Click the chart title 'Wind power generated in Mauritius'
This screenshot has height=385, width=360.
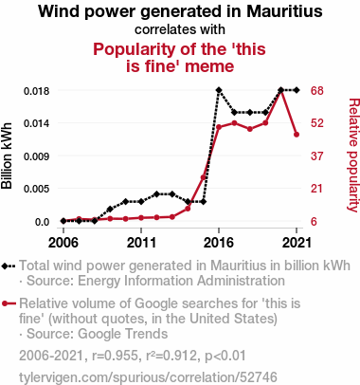point(180,11)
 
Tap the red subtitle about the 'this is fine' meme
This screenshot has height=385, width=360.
point(180,58)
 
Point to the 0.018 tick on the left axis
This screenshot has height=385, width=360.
point(37,91)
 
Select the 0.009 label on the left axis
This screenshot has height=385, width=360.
point(37,156)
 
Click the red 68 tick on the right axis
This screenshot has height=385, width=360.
point(317,91)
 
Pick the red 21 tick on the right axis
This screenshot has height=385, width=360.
point(317,189)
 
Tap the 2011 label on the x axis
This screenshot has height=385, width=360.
point(141,243)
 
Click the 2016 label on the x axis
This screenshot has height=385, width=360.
point(219,243)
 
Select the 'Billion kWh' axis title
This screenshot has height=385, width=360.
point(7,156)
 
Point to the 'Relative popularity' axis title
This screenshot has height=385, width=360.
point(353,155)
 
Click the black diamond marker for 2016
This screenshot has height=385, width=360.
point(219,90)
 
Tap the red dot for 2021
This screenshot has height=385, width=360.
point(297,135)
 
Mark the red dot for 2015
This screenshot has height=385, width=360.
point(204,177)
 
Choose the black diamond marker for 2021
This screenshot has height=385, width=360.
point(297,90)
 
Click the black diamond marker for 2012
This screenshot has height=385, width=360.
point(156,194)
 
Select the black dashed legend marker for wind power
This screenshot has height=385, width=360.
point(9,266)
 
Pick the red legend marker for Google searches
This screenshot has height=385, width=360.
point(9,303)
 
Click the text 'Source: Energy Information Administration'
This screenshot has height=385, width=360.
point(155,281)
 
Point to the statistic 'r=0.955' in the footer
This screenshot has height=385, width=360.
point(115,356)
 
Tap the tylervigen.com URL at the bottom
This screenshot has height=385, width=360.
point(148,377)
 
